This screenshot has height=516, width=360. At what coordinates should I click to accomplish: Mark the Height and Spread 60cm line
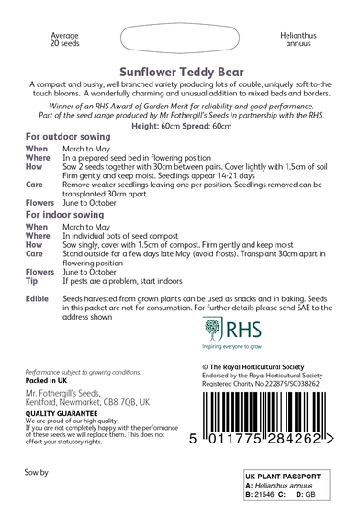click(x=180, y=124)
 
